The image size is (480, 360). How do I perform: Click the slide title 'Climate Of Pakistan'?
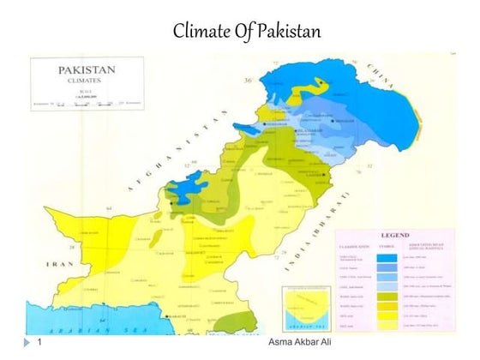click(246, 33)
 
